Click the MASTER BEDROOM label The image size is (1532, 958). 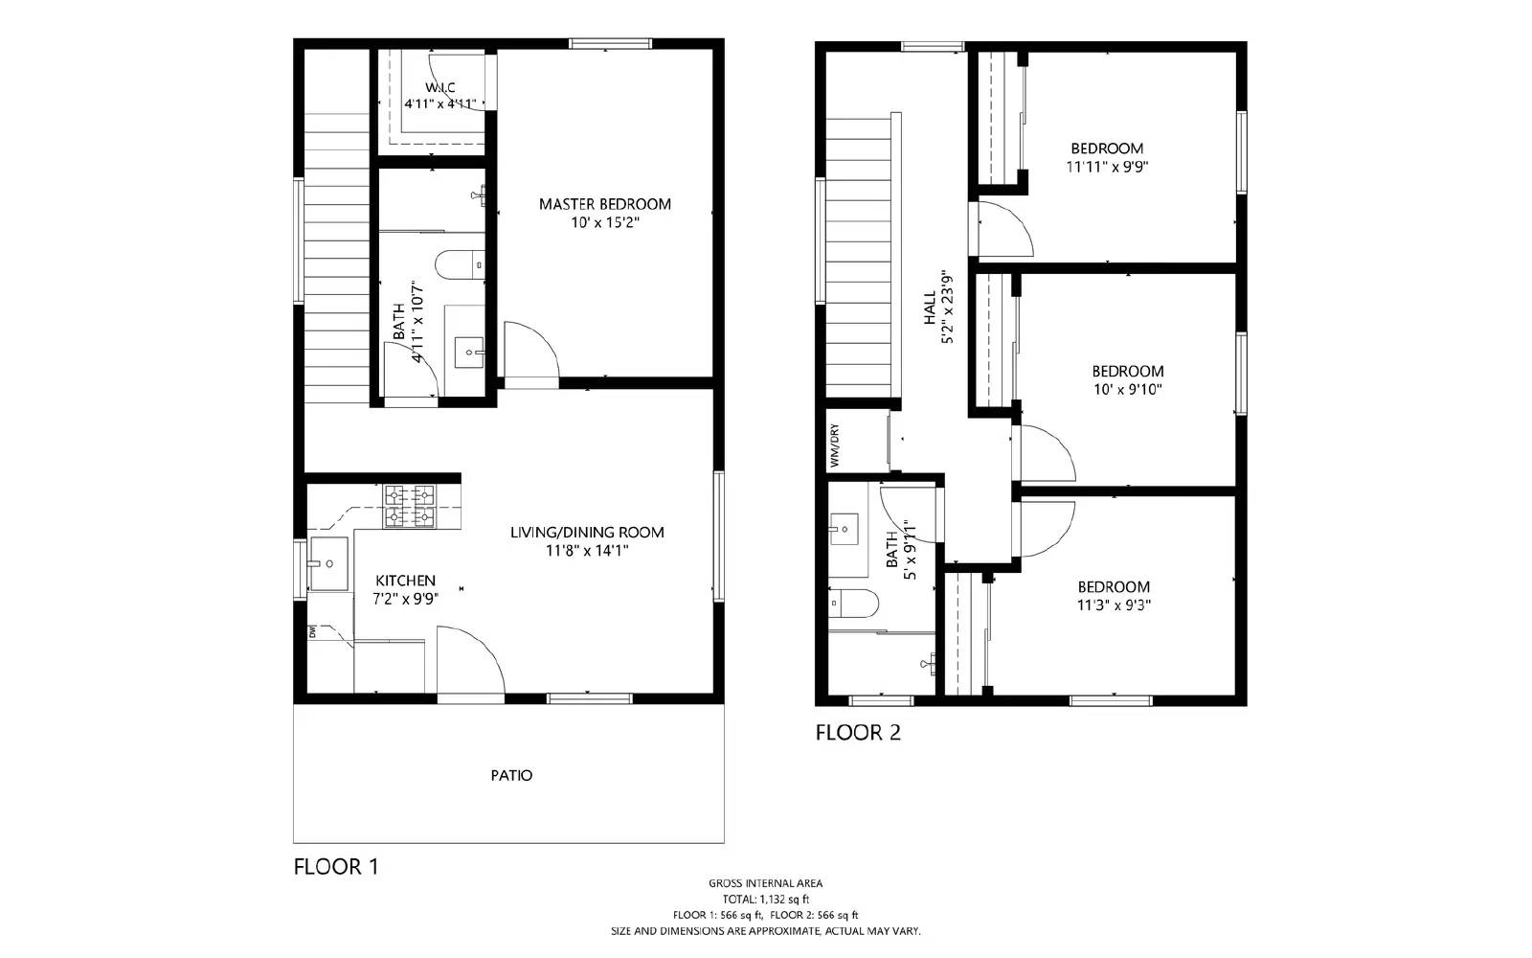(604, 204)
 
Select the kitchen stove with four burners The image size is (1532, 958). (409, 507)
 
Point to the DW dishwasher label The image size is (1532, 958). (312, 631)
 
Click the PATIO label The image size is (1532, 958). (511, 775)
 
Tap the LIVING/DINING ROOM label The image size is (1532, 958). (587, 533)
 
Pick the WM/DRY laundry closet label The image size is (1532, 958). (835, 445)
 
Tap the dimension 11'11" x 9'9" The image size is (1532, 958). (1107, 166)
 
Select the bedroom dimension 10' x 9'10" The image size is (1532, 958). (1128, 389)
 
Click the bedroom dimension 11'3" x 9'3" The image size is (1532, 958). (1114, 604)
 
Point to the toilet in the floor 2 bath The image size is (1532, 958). (854, 604)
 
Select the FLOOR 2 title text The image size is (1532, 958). (858, 733)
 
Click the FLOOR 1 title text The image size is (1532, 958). (336, 867)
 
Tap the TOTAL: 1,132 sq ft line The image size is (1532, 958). (765, 900)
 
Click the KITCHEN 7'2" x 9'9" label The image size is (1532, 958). (405, 589)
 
